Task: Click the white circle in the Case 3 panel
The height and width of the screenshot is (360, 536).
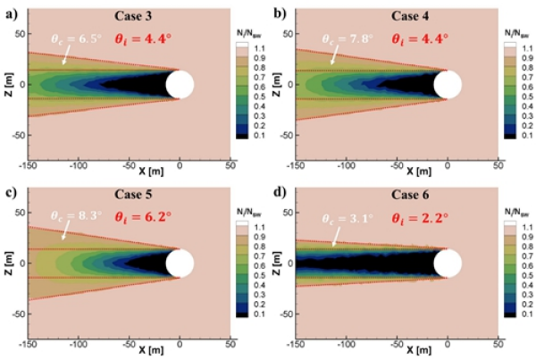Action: click(x=180, y=85)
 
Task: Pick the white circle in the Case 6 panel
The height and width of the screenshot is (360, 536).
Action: click(x=448, y=264)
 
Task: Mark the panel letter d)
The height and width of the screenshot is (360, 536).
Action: click(x=278, y=191)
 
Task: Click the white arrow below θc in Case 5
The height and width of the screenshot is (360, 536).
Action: click(x=67, y=232)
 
